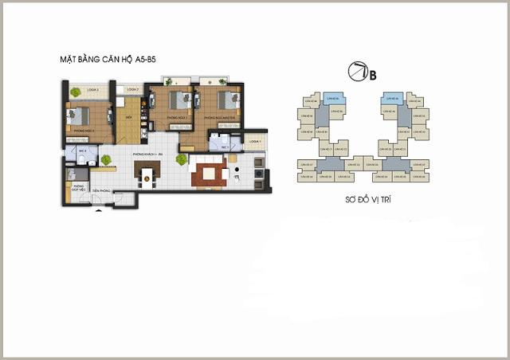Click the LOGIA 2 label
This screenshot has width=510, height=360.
point(132,90)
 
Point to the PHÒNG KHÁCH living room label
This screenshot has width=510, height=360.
point(147,152)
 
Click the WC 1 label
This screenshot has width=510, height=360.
point(224,147)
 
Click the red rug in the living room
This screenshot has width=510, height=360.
point(210,174)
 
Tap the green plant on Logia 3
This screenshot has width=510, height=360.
point(75,92)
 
